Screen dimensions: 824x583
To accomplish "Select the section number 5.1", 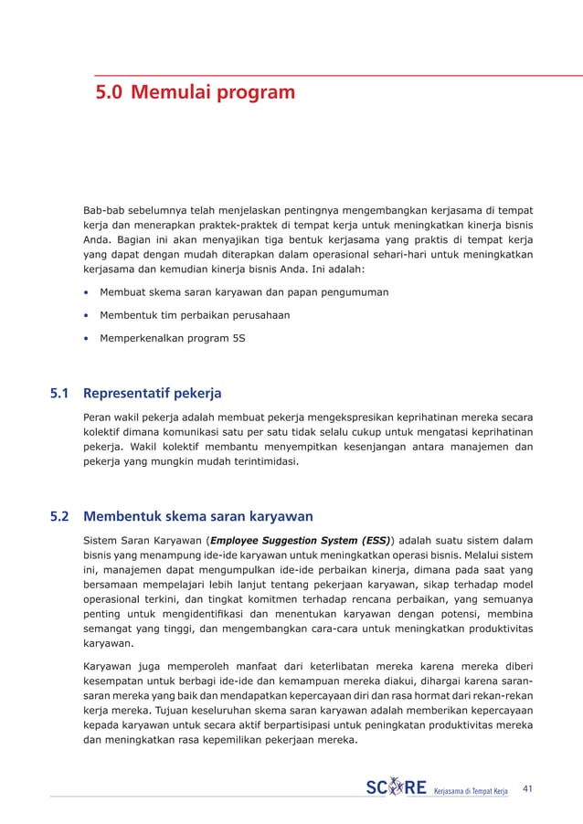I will click(60, 395).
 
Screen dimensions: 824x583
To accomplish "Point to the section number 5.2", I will click(60, 516).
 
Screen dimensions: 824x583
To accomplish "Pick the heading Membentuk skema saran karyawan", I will click(197, 516).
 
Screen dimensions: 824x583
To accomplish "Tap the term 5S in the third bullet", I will click(238, 337).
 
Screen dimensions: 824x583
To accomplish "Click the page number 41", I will click(527, 787).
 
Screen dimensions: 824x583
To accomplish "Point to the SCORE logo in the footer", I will click(397, 787).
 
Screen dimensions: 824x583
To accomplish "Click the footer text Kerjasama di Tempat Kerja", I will click(470, 789).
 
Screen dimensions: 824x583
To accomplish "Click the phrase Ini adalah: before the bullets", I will click(335, 271).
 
